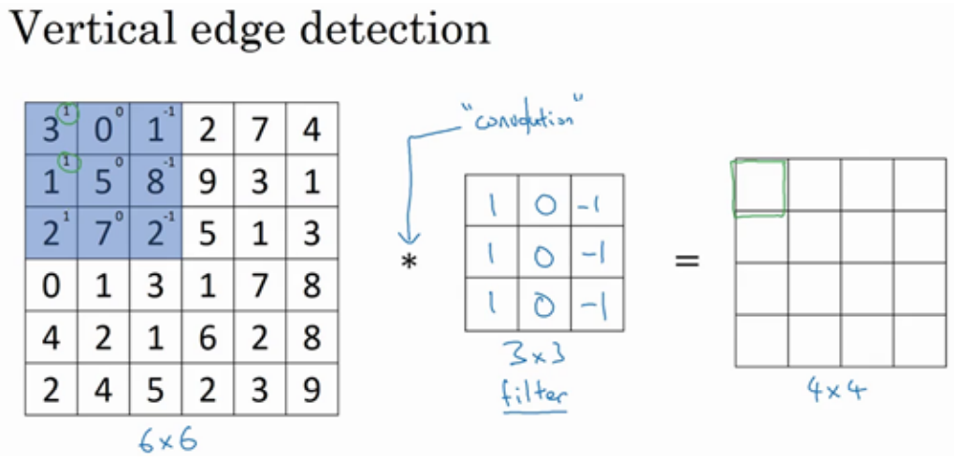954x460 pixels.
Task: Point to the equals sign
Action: tap(687, 261)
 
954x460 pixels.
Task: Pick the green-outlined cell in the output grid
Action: tap(759, 186)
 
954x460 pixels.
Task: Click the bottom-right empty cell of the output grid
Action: tap(919, 341)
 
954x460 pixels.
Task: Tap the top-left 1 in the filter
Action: tap(489, 201)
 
